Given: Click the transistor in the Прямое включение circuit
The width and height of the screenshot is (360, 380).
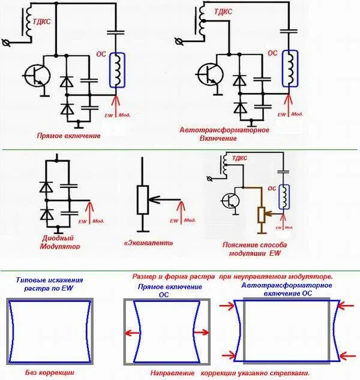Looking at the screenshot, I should pos(35,75).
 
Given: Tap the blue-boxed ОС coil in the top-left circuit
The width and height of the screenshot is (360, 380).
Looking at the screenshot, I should pos(116,70).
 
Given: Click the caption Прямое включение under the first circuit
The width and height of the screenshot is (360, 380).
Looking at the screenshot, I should pos(68,136).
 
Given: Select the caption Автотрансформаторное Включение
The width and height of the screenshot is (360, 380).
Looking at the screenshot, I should pos(224,133).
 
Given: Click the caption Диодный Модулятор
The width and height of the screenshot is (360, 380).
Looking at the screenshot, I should pos(60,242).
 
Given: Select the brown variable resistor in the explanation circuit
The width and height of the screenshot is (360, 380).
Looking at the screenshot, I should pos(261,213).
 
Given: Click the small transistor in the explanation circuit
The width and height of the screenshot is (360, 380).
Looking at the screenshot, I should pos(231,201).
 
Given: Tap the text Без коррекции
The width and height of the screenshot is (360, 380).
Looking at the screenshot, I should pos(49,373).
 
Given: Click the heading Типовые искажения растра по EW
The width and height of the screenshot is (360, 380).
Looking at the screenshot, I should pos(49,284).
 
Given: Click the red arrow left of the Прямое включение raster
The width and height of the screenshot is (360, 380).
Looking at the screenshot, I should pos(131,333).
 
